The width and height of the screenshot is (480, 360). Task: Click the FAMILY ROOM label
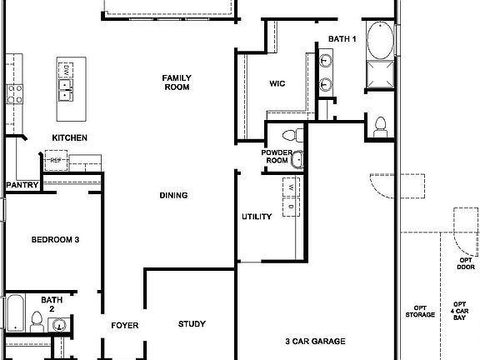177,82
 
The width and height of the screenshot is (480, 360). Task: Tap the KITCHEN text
70,137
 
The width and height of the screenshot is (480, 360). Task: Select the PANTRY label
20,185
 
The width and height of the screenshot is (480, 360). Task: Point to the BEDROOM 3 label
55,240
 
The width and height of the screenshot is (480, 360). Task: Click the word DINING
173,196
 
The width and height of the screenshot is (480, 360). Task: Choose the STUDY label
192,324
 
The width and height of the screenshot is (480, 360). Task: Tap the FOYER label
125,325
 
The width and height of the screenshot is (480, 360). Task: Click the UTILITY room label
257,217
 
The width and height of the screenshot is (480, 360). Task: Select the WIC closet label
277,83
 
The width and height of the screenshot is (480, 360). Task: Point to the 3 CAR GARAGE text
315,341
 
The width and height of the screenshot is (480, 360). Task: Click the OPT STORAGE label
420,310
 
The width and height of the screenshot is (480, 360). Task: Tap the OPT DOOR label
466,263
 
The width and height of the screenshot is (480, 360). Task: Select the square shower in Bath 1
380,76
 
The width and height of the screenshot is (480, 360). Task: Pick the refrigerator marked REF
57,160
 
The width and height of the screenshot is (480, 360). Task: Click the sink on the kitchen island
66,83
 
